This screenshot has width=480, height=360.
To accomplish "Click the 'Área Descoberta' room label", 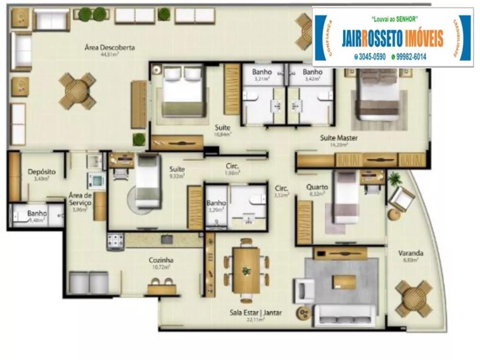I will (109, 48).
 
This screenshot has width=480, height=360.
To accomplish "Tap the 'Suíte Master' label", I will (339, 138).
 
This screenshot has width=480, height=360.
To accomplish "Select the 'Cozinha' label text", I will (161, 260).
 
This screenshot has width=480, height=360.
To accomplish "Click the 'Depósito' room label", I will (42, 171).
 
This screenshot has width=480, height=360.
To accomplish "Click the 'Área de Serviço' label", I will (80, 199).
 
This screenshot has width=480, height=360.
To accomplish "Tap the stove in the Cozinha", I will (115, 241).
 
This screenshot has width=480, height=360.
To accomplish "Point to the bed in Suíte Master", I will (379, 95).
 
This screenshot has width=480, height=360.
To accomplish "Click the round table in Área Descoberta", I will (77, 91).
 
